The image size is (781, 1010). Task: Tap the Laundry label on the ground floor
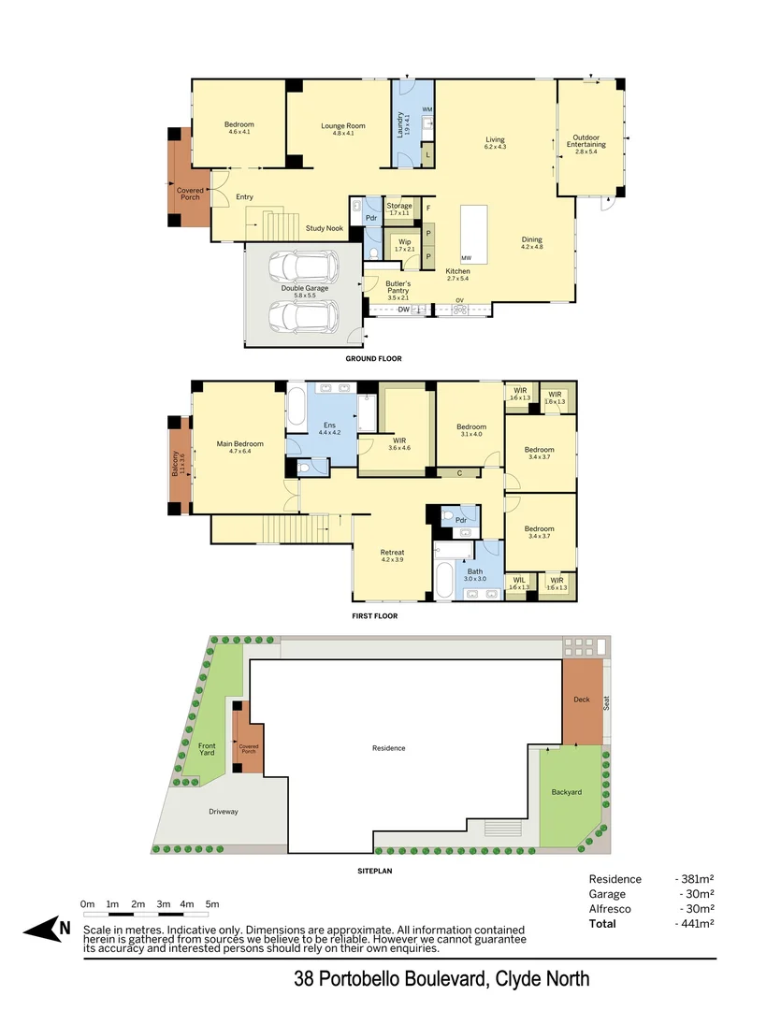point(400,125)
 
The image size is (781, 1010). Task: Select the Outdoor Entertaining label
point(589,140)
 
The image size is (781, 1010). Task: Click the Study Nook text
point(325,228)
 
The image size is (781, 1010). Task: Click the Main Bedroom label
point(239,444)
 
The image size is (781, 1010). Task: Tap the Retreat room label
point(392,553)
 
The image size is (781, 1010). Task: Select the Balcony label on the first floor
point(176,465)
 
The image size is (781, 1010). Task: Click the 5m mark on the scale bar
point(212,904)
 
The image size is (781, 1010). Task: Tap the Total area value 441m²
point(697,924)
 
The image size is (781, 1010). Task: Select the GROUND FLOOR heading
point(373,359)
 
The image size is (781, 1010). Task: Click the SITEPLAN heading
point(374,871)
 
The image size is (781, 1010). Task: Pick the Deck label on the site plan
point(581,700)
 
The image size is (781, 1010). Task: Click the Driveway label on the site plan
point(223,812)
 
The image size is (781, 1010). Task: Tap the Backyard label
point(566,792)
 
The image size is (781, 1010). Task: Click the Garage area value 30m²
point(697,894)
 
